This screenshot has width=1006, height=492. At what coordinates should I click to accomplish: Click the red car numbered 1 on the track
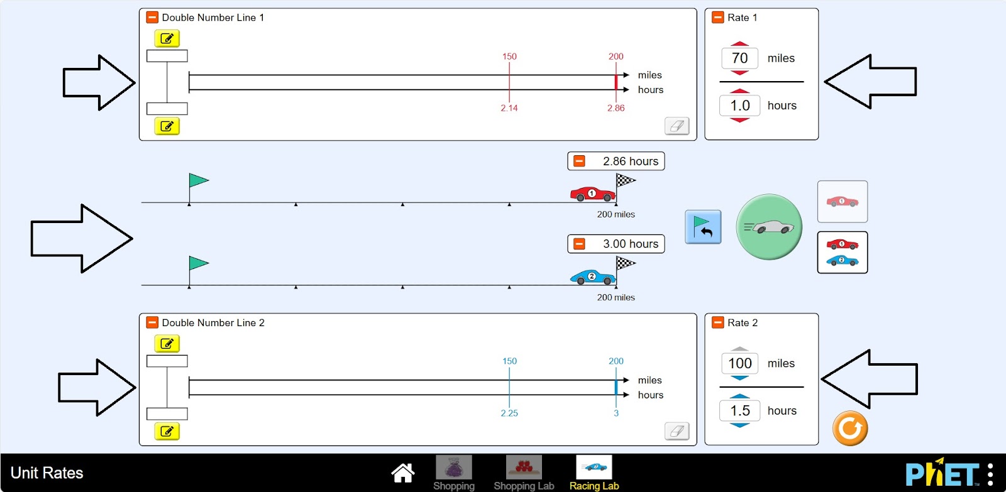(x=592, y=194)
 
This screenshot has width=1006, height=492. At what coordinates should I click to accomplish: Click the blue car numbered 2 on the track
(x=592, y=276)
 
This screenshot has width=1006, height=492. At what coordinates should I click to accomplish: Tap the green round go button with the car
(x=769, y=227)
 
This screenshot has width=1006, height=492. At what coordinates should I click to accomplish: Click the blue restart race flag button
(x=703, y=227)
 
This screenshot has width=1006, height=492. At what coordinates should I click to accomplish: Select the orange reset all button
(x=849, y=429)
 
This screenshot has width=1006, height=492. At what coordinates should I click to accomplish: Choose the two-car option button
(x=842, y=252)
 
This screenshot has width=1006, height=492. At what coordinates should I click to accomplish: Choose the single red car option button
(x=842, y=202)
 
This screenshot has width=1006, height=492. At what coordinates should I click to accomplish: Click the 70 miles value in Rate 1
(x=740, y=58)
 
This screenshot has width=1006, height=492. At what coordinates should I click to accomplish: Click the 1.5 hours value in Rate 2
(x=740, y=411)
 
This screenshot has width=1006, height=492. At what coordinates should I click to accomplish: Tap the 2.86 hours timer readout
(x=630, y=161)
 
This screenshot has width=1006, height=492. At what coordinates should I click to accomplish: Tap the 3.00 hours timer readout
(x=630, y=244)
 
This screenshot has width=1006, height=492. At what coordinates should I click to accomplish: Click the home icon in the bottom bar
(x=402, y=473)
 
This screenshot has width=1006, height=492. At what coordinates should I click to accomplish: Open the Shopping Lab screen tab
(x=524, y=473)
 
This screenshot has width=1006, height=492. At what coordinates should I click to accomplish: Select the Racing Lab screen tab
(x=594, y=473)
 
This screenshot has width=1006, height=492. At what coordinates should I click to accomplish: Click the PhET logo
(x=941, y=473)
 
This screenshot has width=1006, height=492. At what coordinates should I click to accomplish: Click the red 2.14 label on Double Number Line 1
(x=509, y=108)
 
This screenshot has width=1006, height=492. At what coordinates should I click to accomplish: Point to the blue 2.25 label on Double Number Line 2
(x=509, y=413)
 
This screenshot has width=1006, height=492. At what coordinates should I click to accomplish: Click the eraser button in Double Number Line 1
(x=677, y=126)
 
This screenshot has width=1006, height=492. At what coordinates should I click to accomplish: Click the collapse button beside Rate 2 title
(x=717, y=322)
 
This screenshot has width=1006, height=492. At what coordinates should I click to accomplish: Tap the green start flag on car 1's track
(x=198, y=181)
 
